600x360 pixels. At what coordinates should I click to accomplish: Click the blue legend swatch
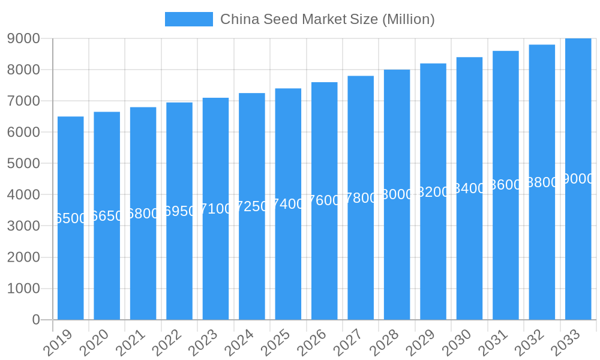tap(188, 19)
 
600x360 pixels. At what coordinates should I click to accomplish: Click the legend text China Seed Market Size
tap(327, 19)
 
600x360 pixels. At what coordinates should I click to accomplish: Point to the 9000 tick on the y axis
tap(23, 38)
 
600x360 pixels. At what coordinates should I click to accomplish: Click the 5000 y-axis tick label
tap(23, 163)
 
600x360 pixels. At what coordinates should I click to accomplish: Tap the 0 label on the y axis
tap(36, 320)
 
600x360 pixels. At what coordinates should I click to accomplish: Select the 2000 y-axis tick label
tap(23, 257)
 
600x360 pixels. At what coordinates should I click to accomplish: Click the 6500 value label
tap(71, 218)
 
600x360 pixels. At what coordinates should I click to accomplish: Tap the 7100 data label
tap(216, 209)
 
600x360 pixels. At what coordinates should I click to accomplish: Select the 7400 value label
tap(289, 204)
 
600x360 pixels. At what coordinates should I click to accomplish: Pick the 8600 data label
tap(506, 185)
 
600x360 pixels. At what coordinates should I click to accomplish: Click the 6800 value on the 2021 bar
tap(143, 214)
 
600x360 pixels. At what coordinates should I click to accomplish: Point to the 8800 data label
tap(542, 182)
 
